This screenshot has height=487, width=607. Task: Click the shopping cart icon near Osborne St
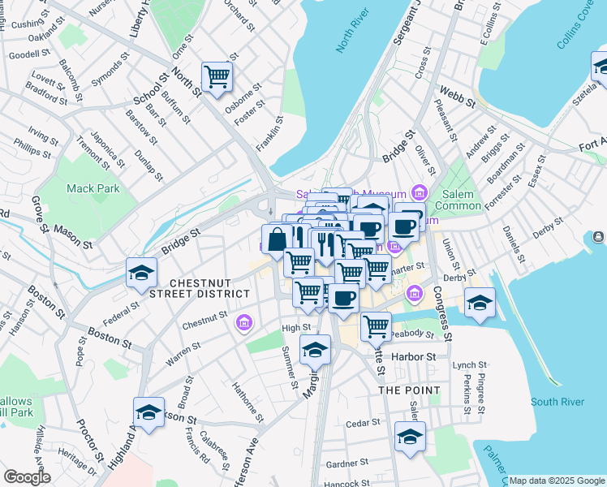coord(217,78)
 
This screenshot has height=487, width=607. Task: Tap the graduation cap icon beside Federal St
coord(142,274)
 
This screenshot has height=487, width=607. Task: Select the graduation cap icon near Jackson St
coord(149,413)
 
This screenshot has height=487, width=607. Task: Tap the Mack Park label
coord(93,188)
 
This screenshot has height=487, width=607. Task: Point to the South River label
coord(557,402)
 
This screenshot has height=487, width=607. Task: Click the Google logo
coord(26,477)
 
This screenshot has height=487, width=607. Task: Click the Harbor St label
coord(413,356)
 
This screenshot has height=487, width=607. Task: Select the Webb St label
coord(456,94)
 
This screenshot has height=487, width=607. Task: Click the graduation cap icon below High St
coord(315,350)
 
